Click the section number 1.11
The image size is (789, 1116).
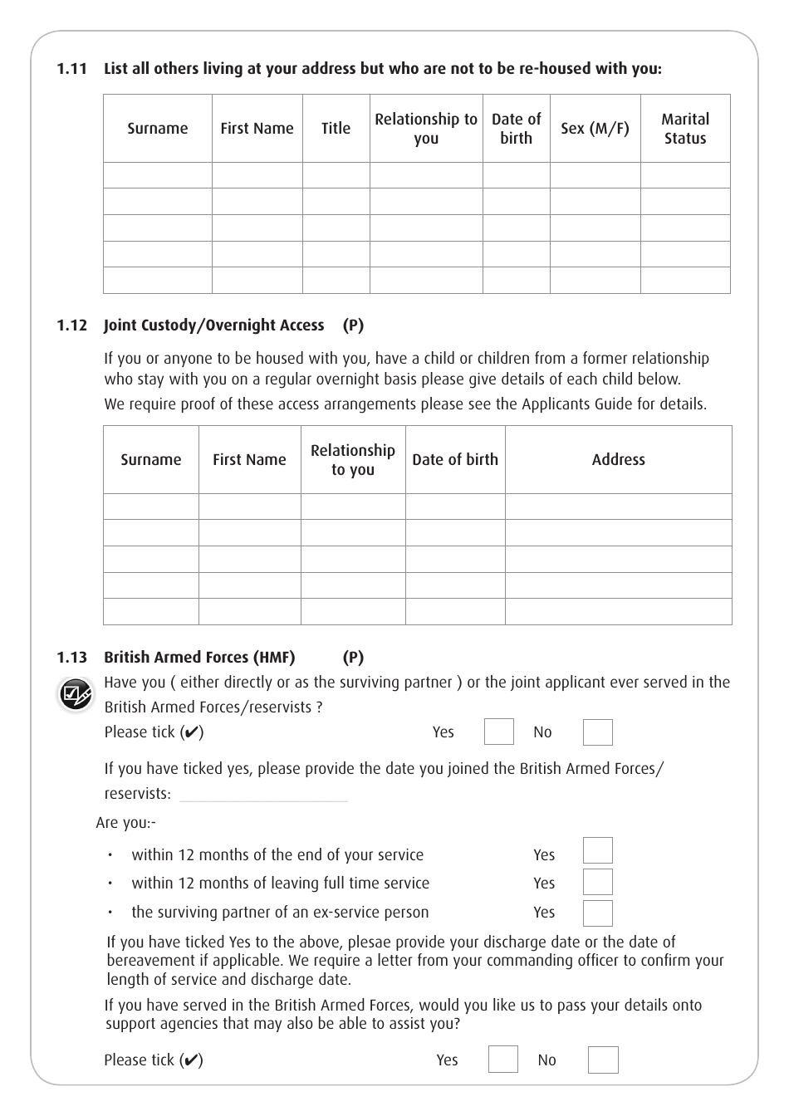click(x=71, y=69)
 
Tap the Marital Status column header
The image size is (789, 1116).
click(x=685, y=129)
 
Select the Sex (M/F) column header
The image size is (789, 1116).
click(x=595, y=129)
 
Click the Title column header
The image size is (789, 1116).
click(x=336, y=129)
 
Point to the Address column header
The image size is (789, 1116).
click(x=618, y=460)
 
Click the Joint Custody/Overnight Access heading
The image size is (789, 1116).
click(x=213, y=325)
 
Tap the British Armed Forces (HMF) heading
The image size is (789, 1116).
click(x=199, y=658)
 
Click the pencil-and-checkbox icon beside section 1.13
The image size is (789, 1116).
click(x=76, y=695)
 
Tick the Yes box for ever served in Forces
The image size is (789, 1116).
click(x=498, y=732)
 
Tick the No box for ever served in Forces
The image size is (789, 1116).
click(x=597, y=732)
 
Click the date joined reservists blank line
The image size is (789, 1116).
click(x=263, y=795)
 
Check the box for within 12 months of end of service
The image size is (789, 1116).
click(x=597, y=851)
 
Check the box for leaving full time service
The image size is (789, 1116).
click(x=597, y=882)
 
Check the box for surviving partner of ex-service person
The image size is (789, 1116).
click(x=597, y=913)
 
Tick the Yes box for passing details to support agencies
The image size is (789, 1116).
click(x=502, y=1060)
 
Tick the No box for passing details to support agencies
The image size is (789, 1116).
click(x=603, y=1060)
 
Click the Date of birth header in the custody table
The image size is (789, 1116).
click(x=455, y=460)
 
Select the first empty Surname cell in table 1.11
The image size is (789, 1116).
click(x=158, y=175)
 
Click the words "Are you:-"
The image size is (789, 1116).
click(x=125, y=823)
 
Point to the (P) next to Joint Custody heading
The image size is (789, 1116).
click(x=353, y=325)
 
